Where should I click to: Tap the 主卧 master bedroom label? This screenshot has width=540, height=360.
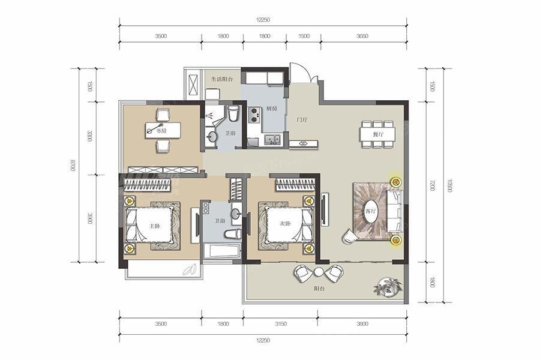click(x=154, y=226)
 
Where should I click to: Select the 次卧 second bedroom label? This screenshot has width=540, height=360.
click(x=286, y=223)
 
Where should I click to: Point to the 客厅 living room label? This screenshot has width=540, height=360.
click(x=370, y=211)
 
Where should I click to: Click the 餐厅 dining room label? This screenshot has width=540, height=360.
click(x=379, y=134)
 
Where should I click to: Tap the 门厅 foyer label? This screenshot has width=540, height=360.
click(x=302, y=120)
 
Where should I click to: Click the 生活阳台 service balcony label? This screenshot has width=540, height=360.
click(x=222, y=79)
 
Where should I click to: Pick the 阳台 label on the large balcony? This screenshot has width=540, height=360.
click(x=319, y=289)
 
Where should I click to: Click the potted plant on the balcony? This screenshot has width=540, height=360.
click(x=388, y=287)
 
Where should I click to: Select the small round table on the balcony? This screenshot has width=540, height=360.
click(x=319, y=272)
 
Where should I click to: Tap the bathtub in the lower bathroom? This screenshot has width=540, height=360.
click(x=220, y=250)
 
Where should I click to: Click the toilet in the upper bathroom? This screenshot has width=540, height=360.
click(x=233, y=113)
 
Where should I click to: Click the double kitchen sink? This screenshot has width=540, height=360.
click(x=272, y=140)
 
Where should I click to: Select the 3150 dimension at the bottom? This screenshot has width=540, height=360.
click(x=281, y=324)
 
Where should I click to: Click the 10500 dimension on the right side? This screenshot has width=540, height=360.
click(x=448, y=185)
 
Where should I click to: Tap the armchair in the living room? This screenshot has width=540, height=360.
click(x=350, y=238)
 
